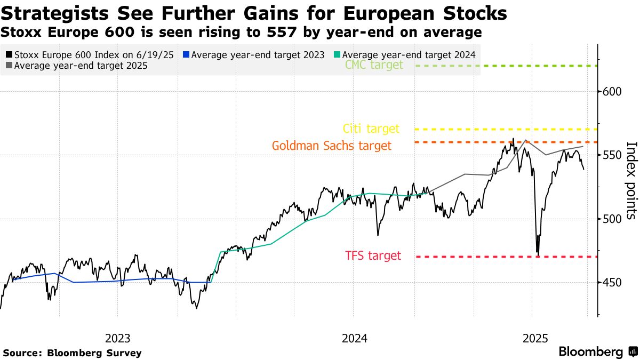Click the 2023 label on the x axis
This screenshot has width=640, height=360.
click(118, 338)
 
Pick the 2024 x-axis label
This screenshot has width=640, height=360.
click(354, 338)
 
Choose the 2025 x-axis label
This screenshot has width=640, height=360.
click(535, 338)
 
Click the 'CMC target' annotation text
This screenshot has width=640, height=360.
click(374, 65)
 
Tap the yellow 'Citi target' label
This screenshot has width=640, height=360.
click(371, 129)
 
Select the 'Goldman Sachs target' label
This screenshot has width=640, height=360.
click(331, 146)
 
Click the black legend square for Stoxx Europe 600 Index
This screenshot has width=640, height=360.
click(9, 55)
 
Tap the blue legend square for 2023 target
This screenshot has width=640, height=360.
click(186, 55)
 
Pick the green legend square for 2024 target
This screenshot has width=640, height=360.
click(337, 55)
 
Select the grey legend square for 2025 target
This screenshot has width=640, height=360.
click(9, 66)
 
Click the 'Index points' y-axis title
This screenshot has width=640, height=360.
click(631, 180)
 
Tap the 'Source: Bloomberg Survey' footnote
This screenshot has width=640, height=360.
click(73, 353)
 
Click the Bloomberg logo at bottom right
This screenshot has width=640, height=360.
click(597, 352)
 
